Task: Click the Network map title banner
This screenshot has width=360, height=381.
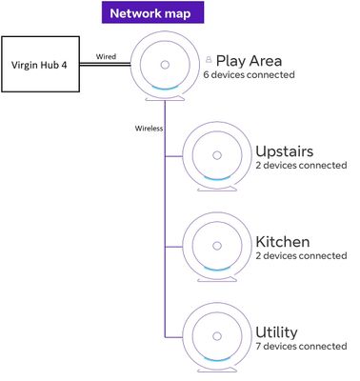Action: pyautogui.click(x=150, y=13)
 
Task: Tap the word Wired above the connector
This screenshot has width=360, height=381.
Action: pyautogui.click(x=108, y=56)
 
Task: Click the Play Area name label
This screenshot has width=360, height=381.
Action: pyautogui.click(x=249, y=61)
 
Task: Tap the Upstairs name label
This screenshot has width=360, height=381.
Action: pyautogui.click(x=284, y=151)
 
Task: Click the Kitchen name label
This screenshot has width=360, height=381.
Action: pyautogui.click(x=282, y=242)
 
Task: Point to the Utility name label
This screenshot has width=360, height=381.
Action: pyautogui.click(x=276, y=331)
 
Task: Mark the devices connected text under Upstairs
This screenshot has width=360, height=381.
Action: pyautogui.click(x=301, y=167)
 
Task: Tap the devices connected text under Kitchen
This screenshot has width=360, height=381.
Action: pyautogui.click(x=301, y=256)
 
